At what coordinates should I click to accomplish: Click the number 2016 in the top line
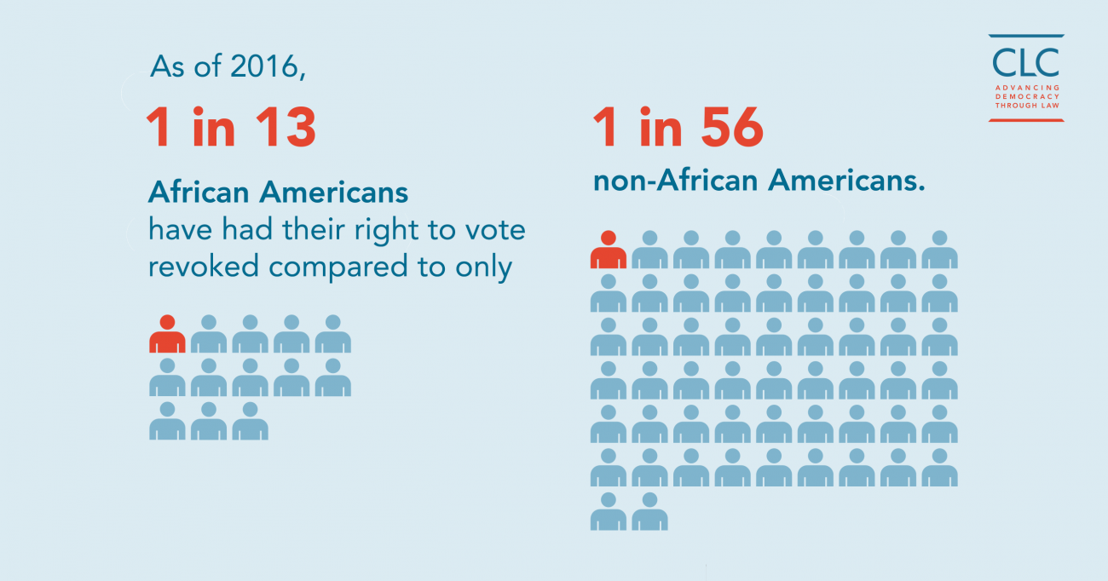(x=267, y=67)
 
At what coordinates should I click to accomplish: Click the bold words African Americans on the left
(x=278, y=193)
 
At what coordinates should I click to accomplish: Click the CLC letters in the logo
(x=1026, y=61)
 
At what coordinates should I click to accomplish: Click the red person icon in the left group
(x=167, y=335)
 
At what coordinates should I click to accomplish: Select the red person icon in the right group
(x=608, y=250)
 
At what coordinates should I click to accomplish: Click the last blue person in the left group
(x=250, y=421)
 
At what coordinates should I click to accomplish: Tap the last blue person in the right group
(x=649, y=511)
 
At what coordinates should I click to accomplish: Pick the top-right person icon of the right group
(x=939, y=250)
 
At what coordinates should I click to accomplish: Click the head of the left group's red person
(x=167, y=322)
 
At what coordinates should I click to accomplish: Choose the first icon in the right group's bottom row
(x=608, y=511)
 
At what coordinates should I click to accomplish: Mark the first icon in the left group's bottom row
(x=167, y=421)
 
